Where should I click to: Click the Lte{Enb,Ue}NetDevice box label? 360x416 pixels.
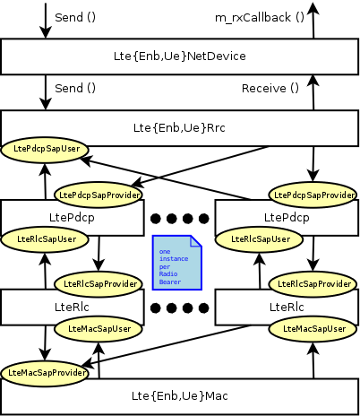[180, 56]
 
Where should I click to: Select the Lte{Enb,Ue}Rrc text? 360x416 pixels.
[180, 129]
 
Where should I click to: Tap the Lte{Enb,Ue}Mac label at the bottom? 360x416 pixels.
[180, 395]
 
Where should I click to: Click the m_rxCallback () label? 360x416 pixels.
[260, 16]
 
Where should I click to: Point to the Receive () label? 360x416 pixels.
[270, 88]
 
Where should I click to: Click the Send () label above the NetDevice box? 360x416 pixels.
[75, 16]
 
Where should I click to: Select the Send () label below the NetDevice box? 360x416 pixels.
[75, 88]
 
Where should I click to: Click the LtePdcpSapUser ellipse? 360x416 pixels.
[46, 149]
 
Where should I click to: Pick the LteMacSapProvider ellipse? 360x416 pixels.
[46, 371]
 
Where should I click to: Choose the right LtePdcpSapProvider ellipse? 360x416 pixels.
[313, 194]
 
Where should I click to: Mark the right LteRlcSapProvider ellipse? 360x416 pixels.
[313, 283]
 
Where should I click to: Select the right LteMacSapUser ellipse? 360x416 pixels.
[313, 329]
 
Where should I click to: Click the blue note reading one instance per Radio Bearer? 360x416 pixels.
[176, 263]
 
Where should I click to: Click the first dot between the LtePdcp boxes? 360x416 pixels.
[157, 218]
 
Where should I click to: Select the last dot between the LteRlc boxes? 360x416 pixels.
[203, 308]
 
